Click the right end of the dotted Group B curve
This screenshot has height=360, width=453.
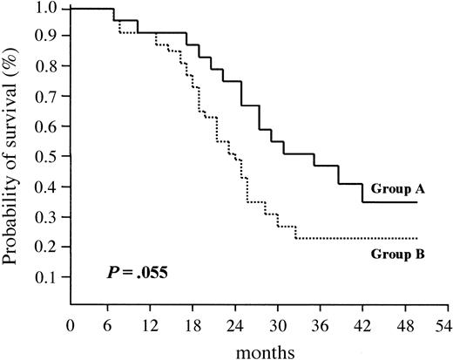418,238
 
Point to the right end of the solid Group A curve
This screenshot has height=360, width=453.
418,202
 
